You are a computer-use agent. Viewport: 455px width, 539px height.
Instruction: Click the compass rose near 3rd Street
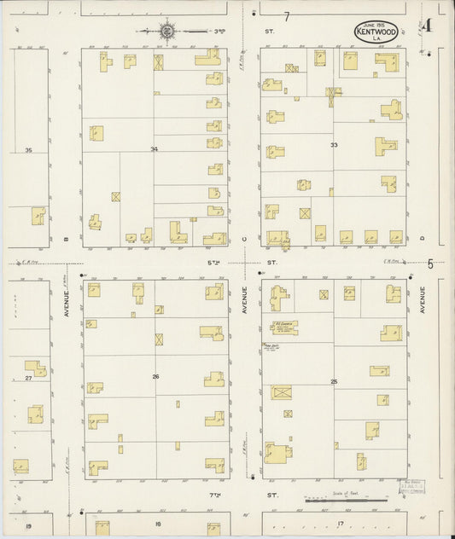pyautogui.click(x=167, y=32)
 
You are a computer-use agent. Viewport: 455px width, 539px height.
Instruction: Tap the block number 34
pyautogui.click(x=154, y=150)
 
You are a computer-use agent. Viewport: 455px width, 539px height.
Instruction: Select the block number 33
pyautogui.click(x=334, y=145)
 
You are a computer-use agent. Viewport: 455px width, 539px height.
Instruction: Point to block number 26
pyautogui.click(x=155, y=376)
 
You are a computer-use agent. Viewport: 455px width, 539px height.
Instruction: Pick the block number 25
pyautogui.click(x=334, y=381)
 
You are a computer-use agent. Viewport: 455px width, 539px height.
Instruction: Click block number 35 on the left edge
pyautogui.click(x=28, y=151)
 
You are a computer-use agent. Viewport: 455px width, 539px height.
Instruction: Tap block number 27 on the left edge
pyautogui.click(x=28, y=377)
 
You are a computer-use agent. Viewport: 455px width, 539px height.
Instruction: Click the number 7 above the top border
pyautogui.click(x=287, y=16)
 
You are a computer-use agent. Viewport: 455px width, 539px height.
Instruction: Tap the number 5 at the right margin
pyautogui.click(x=430, y=264)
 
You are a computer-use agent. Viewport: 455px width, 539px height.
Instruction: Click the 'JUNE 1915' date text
pyautogui.click(x=375, y=24)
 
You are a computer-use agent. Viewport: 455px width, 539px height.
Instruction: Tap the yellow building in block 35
pyautogui.click(x=38, y=216)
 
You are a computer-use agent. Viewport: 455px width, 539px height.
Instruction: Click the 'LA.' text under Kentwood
pyautogui.click(x=376, y=39)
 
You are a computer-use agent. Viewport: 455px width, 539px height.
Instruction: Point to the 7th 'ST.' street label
pyautogui.click(x=272, y=495)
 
